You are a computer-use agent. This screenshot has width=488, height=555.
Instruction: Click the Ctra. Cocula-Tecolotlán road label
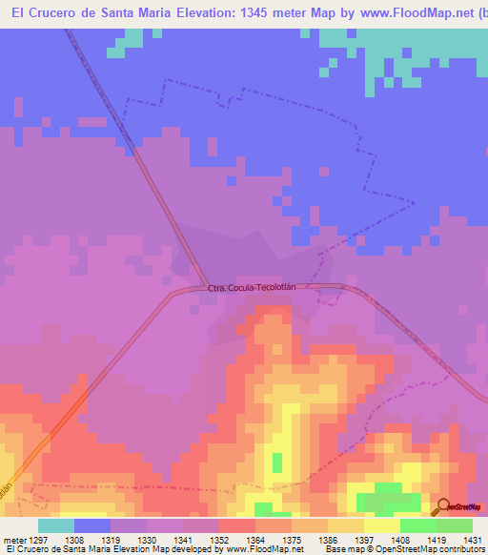(x=260, y=287)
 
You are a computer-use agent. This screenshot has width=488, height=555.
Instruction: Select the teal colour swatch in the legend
(x=56, y=524)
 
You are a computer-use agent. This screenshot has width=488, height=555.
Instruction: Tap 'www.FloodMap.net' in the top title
(x=407, y=13)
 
